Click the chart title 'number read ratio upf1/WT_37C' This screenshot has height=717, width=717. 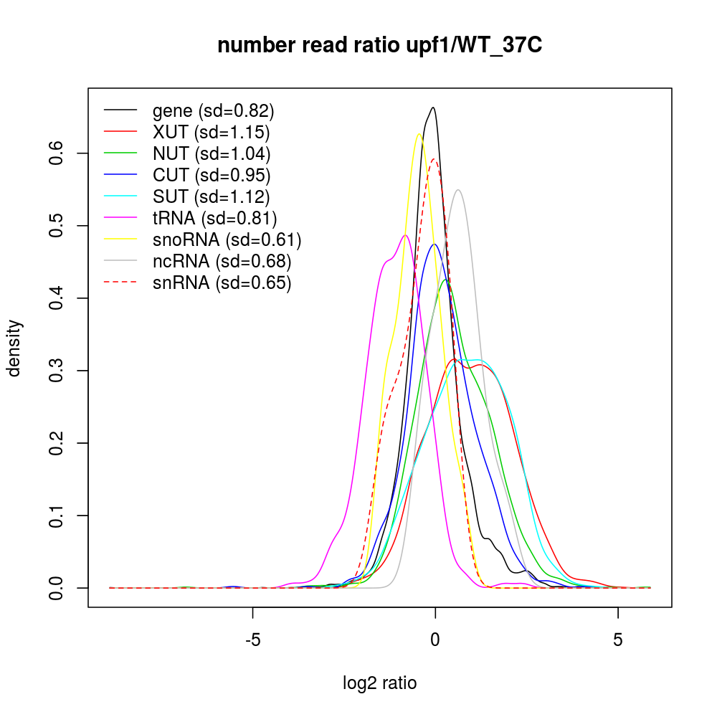point(380,46)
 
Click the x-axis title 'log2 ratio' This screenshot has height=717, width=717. point(380,683)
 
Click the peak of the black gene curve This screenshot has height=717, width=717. point(433,108)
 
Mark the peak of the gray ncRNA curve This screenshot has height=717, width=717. point(457,190)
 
